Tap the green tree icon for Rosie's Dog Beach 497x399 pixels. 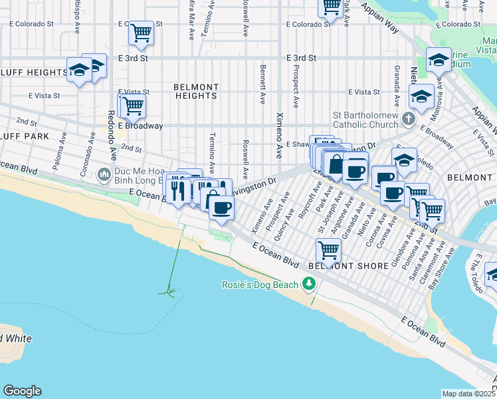[x=308, y=285]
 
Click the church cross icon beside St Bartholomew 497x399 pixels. [x=409, y=118]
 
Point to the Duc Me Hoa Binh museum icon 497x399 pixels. [x=103, y=176]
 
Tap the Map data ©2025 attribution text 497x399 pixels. [x=468, y=394]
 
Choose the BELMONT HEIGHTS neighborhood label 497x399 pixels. [x=196, y=91]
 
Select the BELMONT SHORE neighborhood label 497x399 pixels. [x=348, y=266]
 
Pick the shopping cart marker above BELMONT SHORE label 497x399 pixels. [x=328, y=250]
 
